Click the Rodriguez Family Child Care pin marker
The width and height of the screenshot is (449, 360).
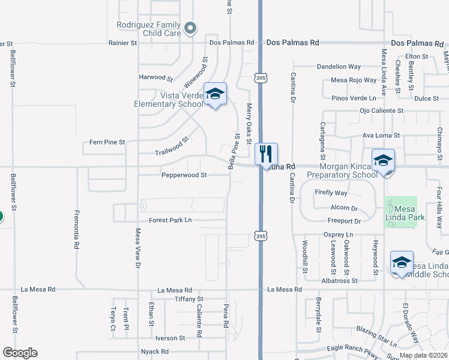point(190,28)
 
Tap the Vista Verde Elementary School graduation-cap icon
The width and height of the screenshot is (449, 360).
point(215,94)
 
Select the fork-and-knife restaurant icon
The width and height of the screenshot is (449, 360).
point(266,154)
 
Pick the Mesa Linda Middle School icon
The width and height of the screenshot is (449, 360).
point(402,262)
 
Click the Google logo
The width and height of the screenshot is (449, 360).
point(20,353)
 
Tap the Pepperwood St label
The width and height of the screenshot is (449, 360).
point(184,175)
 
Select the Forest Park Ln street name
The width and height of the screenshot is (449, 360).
point(170,220)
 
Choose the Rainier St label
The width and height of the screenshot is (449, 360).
point(123,43)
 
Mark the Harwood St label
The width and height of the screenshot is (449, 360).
point(155,77)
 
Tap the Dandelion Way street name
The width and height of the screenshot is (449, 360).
point(339,67)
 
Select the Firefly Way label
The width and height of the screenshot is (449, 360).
point(331,193)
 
